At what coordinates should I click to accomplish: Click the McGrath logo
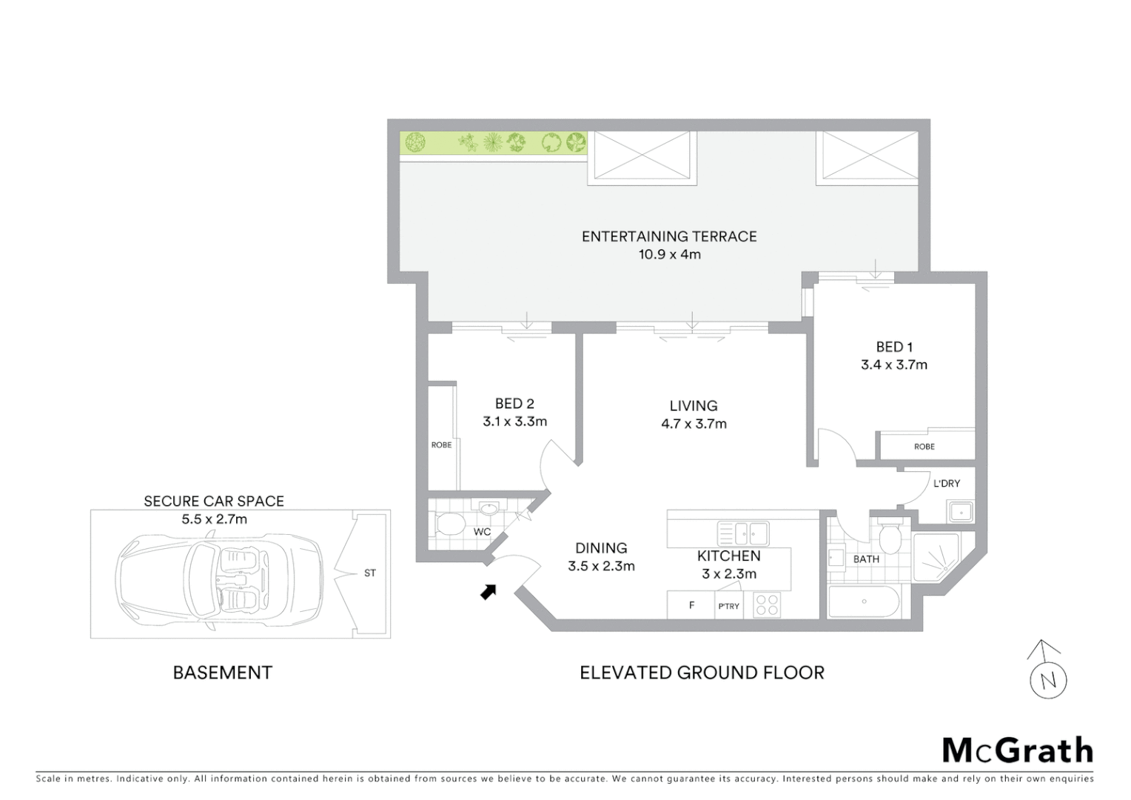(1018, 750)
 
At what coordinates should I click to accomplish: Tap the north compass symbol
(1048, 671)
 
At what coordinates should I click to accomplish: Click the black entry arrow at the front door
(488, 590)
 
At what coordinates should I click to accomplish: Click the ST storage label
(370, 573)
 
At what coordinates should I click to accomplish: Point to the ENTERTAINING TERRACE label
(669, 236)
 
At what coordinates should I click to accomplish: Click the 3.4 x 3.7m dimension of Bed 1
(893, 364)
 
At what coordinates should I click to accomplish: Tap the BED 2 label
(514, 404)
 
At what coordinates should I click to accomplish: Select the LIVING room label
(694, 406)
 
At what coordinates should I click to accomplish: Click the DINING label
(601, 548)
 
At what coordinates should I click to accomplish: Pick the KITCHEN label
(728, 556)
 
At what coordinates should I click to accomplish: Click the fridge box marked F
(691, 605)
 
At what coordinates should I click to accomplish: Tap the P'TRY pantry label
(728, 606)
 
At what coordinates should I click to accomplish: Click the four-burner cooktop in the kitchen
(766, 605)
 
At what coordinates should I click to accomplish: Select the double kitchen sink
(742, 532)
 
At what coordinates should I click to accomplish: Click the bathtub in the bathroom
(863, 601)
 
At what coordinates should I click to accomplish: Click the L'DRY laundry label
(946, 484)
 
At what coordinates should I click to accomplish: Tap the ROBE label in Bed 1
(924, 447)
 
